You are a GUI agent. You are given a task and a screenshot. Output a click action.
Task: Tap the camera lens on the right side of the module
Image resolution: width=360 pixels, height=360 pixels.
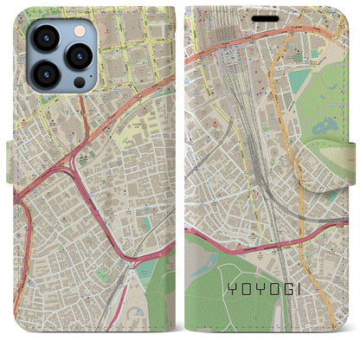(78, 56)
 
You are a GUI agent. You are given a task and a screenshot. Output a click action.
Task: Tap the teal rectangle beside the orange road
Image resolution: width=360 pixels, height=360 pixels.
(299, 82)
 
